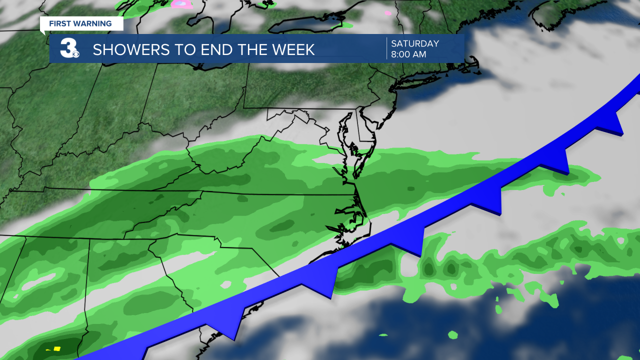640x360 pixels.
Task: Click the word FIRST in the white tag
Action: (x=60, y=23)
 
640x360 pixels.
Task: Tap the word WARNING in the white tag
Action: (x=94, y=23)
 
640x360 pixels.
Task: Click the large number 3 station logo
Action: (x=67, y=48)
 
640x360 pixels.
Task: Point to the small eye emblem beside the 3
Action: (x=75, y=53)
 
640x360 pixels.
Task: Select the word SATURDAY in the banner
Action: (x=415, y=43)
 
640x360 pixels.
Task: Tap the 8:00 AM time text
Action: (x=408, y=54)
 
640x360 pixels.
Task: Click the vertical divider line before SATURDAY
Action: (x=386, y=48)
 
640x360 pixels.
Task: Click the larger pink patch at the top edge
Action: (x=182, y=4)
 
